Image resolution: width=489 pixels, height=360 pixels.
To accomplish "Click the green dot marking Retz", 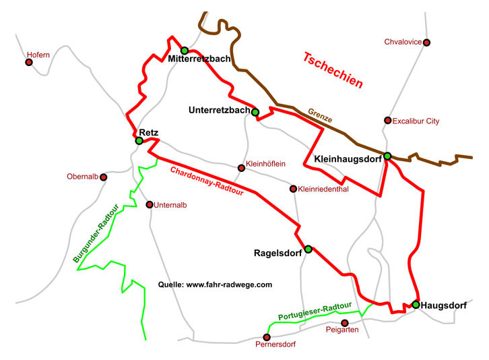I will pyautogui.click(x=139, y=141).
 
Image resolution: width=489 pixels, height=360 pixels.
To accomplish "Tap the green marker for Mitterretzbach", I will pyautogui.click(x=185, y=51).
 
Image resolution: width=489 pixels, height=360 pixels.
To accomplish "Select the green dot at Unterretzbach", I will pyautogui.click(x=255, y=112).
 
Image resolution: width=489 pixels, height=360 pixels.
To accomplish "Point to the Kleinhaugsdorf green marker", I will pyautogui.click(x=387, y=156).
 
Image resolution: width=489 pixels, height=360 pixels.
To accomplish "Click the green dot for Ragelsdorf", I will pyautogui.click(x=308, y=249).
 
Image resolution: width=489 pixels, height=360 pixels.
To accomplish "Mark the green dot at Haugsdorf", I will pyautogui.click(x=416, y=305).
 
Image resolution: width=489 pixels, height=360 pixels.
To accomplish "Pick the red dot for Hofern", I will pyautogui.click(x=29, y=63).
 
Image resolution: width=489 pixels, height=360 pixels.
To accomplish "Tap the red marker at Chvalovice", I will pyautogui.click(x=426, y=42).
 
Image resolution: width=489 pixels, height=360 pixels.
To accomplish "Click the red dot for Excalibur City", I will pyautogui.click(x=387, y=121).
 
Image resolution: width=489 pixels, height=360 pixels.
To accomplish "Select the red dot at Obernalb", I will pyautogui.click(x=104, y=177).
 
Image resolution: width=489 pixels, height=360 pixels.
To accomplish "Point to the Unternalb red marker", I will pyautogui.click(x=150, y=204).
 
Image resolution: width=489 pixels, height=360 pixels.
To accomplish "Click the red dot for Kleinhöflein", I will pyautogui.click(x=241, y=168).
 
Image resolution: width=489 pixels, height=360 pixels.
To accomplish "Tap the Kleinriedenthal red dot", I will pyautogui.click(x=293, y=189).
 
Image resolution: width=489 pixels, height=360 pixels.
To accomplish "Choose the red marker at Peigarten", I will pyautogui.click(x=345, y=323).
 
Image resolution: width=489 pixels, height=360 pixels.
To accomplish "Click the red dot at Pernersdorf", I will pyautogui.click(x=267, y=337).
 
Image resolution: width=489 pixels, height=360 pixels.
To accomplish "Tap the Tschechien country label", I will pyautogui.click(x=333, y=71).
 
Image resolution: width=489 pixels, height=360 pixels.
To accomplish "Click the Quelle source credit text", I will pyautogui.click(x=215, y=285).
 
